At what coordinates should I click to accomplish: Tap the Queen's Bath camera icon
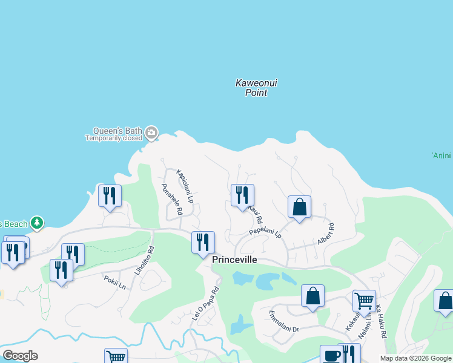(151, 132)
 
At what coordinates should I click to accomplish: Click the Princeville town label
(234, 260)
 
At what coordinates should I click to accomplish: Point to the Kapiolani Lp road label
(185, 186)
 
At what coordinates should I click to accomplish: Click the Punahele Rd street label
(171, 200)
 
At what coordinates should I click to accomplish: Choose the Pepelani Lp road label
(265, 232)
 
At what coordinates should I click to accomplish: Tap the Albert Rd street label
(326, 234)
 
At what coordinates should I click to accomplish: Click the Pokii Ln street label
(114, 282)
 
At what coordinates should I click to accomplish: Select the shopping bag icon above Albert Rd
(299, 206)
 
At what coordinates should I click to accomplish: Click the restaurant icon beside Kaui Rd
(242, 195)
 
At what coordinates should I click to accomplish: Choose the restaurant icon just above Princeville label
(203, 242)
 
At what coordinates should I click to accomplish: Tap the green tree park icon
(37, 223)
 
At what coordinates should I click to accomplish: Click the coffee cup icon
(331, 355)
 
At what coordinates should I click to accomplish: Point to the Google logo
(20, 356)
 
